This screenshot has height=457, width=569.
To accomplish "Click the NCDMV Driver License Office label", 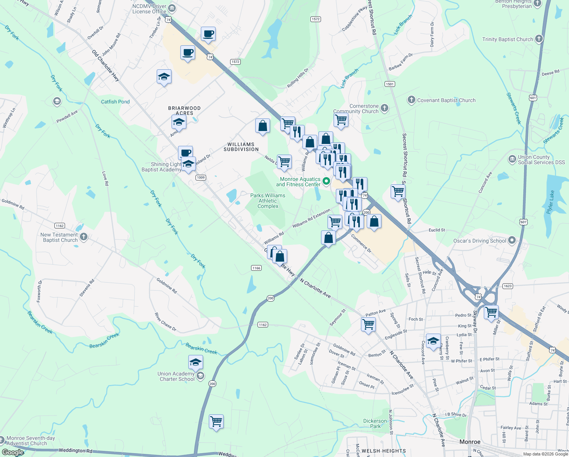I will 149,9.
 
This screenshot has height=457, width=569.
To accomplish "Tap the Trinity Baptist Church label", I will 507,39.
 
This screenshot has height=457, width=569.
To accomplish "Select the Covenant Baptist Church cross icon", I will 411,100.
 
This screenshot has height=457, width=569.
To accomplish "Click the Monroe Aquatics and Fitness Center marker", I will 326,181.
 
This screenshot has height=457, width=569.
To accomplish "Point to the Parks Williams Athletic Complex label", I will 268,201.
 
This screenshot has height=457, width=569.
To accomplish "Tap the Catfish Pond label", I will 115,102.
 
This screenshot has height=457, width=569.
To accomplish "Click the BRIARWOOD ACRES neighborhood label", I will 184,110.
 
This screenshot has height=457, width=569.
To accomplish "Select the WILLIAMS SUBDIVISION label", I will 241,147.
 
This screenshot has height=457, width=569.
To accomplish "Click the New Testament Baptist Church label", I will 59,237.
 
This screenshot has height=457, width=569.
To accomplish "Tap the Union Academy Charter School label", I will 176,376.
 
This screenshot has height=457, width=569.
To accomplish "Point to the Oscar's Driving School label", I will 480,241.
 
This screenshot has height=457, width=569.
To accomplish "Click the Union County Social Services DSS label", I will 541,160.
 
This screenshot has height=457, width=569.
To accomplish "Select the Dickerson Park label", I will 375,423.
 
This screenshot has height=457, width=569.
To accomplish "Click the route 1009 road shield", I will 201,177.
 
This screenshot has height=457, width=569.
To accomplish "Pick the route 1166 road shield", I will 256,268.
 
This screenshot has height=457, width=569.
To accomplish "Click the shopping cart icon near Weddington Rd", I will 216,422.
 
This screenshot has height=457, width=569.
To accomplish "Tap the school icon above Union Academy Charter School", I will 195,362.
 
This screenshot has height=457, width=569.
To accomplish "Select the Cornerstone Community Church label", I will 356,109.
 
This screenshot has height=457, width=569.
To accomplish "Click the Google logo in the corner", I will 13,452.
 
